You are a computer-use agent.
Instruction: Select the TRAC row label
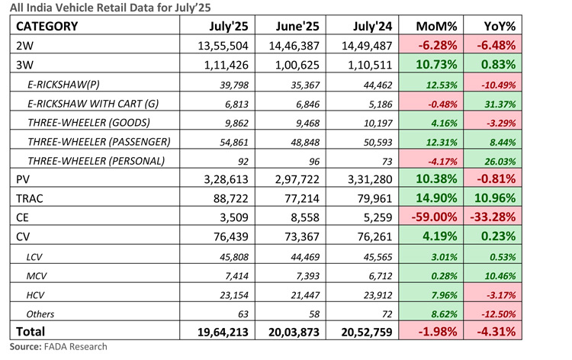[x=32, y=198]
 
